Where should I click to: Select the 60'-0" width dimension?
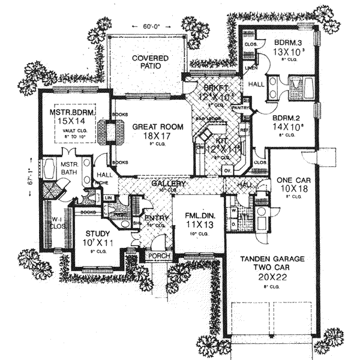[x=150, y=27]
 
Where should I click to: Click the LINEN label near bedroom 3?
[x=250, y=68]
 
